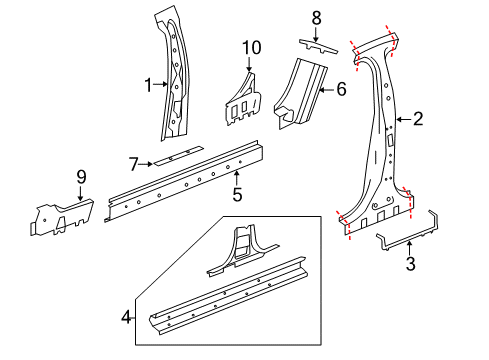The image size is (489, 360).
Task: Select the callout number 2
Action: (x=418, y=120)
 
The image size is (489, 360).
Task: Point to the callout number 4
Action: (x=126, y=318)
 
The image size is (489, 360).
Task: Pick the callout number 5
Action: (x=237, y=194)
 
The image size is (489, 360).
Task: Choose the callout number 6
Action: (x=340, y=89)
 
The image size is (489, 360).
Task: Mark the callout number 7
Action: (x=132, y=161)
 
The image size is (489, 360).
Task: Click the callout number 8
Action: (x=316, y=17)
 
